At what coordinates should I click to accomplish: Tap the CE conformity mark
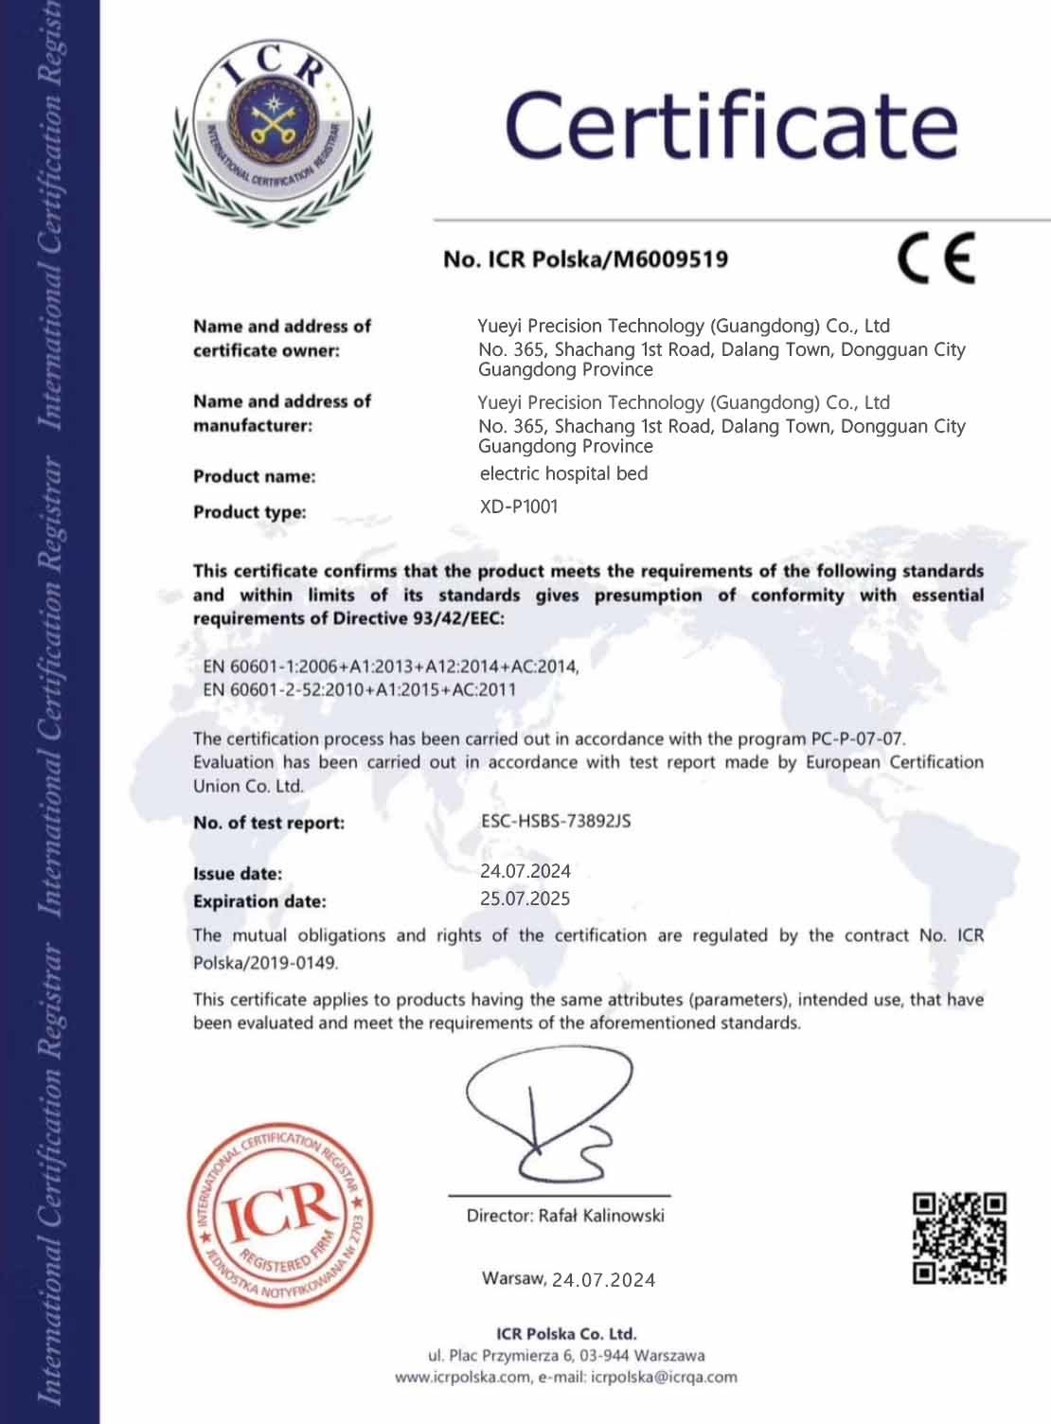tap(935, 258)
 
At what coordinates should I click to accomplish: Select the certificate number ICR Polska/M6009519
tap(585, 259)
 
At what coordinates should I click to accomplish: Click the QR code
tap(958, 1238)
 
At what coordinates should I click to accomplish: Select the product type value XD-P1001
tap(519, 507)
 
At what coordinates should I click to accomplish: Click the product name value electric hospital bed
tap(563, 473)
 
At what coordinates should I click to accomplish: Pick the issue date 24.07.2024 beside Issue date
tap(525, 871)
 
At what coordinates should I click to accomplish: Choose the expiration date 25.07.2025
tap(525, 899)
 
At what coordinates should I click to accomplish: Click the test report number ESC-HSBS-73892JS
tap(556, 821)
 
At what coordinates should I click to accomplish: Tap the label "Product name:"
tap(254, 476)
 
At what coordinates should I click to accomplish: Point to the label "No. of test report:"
tap(269, 823)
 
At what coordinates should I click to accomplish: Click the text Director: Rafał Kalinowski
tap(565, 1216)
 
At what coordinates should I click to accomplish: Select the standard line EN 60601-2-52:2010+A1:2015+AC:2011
tap(360, 689)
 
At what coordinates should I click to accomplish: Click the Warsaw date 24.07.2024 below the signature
tap(604, 1280)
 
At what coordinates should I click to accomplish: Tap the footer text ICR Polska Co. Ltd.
tap(566, 1335)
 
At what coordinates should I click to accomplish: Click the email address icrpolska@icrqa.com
tap(664, 1378)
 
